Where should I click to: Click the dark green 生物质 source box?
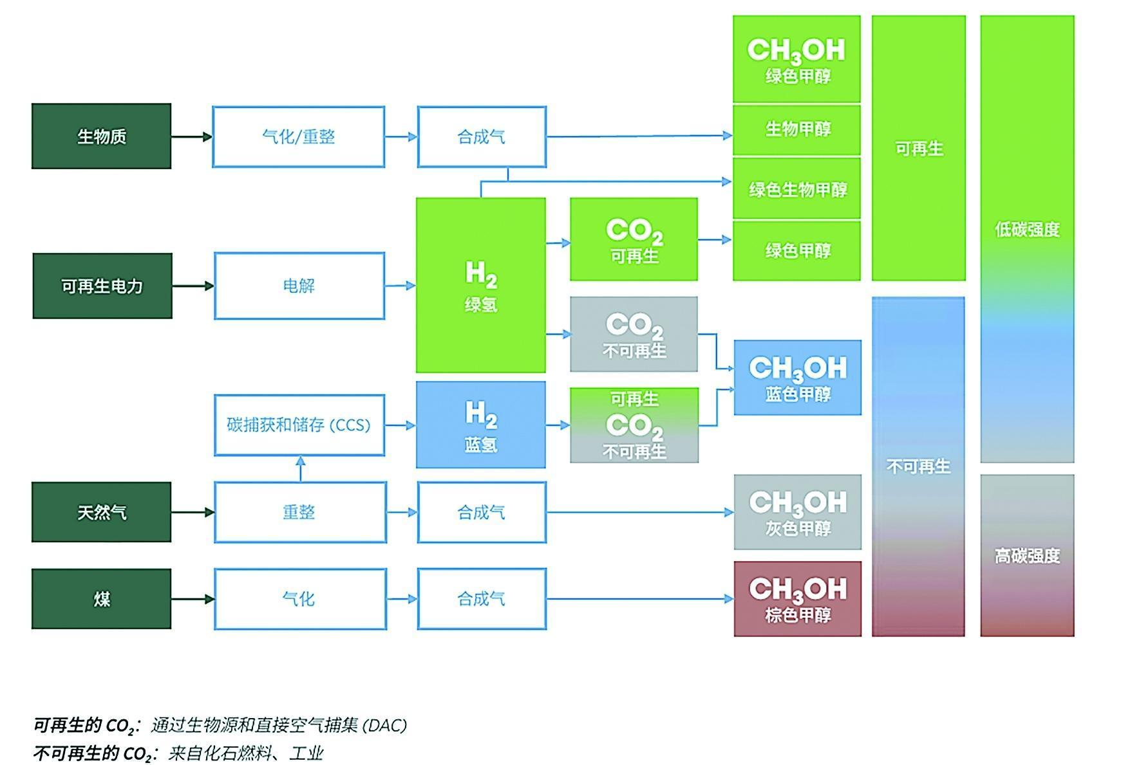101,136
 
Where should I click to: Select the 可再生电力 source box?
102,286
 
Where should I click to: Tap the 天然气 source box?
101,512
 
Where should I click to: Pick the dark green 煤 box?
101,599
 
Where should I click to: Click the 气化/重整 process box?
299,137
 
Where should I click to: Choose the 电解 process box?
299,286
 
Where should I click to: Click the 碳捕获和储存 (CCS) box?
299,425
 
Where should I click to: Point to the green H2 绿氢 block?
480,285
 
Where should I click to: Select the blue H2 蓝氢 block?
480,425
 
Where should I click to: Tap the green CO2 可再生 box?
634,239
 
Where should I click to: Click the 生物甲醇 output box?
797,130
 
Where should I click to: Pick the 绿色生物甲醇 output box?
797,189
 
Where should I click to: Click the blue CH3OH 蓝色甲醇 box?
797,378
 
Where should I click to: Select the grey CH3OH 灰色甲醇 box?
797,512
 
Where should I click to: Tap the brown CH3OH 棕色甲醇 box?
797,599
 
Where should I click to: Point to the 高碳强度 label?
1027,556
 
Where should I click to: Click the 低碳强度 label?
1027,230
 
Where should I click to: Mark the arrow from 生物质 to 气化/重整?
191,136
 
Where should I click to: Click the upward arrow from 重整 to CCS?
300,468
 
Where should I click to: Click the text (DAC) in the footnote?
385,726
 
